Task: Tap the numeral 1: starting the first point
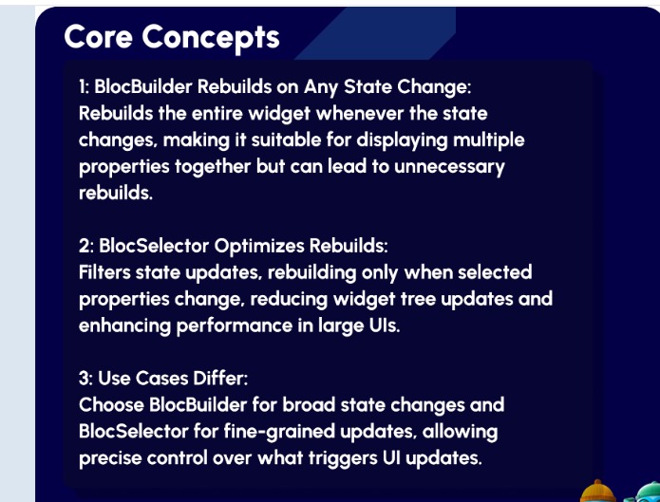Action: click(85, 86)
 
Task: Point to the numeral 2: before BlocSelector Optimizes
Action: click(85, 246)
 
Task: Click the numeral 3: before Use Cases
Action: click(85, 378)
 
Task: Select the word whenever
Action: click(354, 113)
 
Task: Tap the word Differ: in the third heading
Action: click(222, 378)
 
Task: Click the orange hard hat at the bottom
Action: click(598, 491)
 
